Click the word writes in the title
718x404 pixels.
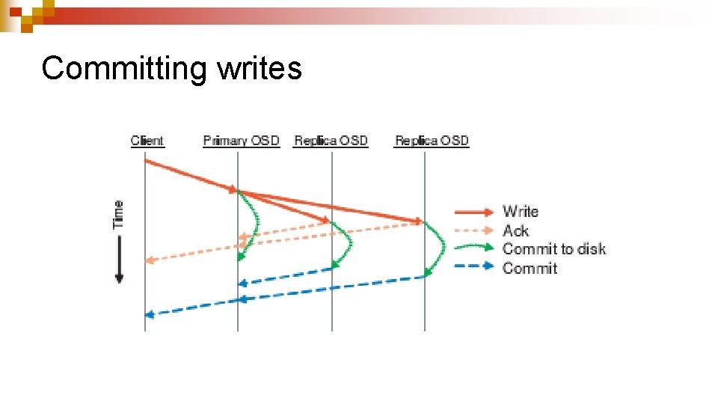click(260, 68)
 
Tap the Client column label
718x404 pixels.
click(147, 141)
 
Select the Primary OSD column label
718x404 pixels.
click(241, 141)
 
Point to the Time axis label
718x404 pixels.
click(118, 214)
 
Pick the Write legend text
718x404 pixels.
click(521, 212)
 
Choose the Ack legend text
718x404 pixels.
click(515, 230)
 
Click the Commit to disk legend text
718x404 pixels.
click(554, 249)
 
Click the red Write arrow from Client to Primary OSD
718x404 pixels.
click(191, 176)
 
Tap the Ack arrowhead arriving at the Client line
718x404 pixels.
click(149, 260)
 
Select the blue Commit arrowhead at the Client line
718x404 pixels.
click(149, 314)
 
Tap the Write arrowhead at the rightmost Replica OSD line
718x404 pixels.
click(419, 221)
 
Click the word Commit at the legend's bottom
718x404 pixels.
click(530, 268)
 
